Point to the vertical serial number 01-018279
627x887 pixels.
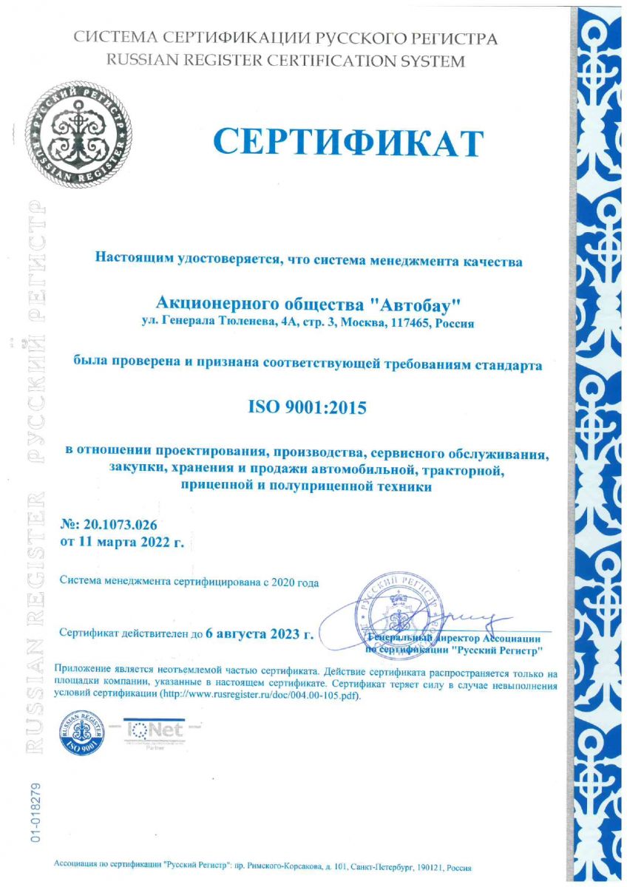[35, 809]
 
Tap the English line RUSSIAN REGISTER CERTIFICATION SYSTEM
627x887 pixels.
[286, 61]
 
